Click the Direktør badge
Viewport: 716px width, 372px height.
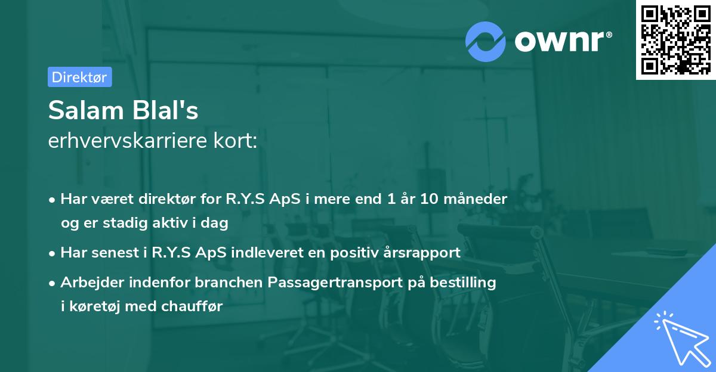click(79, 77)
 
